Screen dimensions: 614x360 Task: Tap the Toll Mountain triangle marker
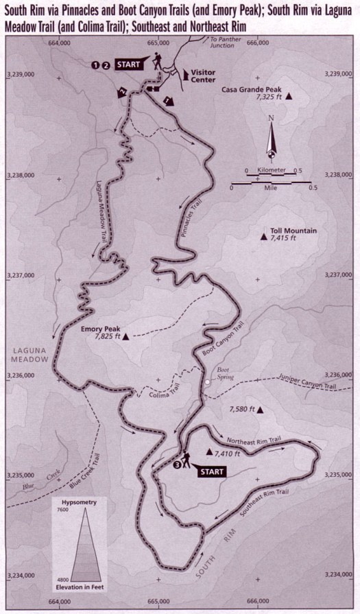(x=263, y=237)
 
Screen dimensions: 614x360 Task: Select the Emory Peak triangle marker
(x=126, y=338)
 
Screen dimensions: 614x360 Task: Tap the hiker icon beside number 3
(x=187, y=460)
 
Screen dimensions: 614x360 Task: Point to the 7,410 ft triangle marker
(x=209, y=453)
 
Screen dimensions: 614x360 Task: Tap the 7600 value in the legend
(x=60, y=510)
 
